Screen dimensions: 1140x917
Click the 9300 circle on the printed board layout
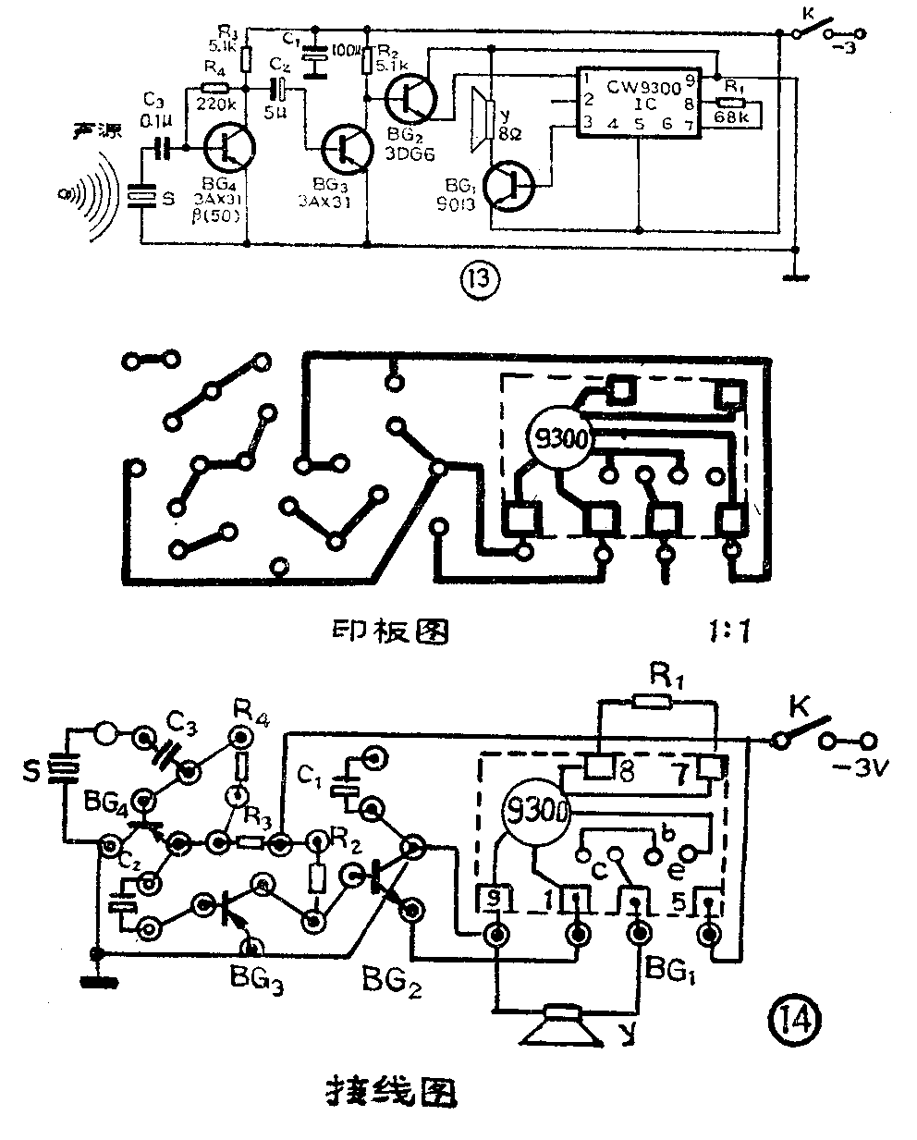(x=558, y=439)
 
